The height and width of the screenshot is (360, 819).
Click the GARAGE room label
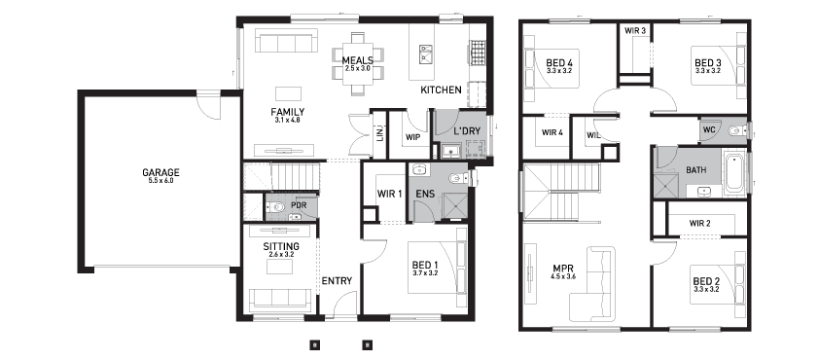(160, 172)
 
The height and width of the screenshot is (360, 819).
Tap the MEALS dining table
(358, 65)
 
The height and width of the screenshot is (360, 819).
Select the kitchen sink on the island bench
(425, 54)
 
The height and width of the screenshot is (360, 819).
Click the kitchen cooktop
(478, 54)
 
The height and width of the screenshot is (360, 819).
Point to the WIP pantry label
(413, 137)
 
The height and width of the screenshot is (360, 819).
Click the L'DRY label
(467, 131)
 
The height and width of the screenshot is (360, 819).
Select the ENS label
(425, 194)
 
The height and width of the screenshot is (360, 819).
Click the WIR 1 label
(390, 194)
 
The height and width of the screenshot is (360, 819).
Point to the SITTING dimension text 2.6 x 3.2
(281, 255)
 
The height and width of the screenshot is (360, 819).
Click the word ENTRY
(337, 280)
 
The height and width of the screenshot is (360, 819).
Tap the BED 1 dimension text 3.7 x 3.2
(425, 272)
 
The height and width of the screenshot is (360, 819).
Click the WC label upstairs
(709, 129)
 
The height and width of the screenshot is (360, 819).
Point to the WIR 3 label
(635, 31)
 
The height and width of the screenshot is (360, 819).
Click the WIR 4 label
(552, 132)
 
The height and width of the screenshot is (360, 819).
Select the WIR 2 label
(700, 224)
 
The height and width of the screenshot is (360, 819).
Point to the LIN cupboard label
(379, 134)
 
